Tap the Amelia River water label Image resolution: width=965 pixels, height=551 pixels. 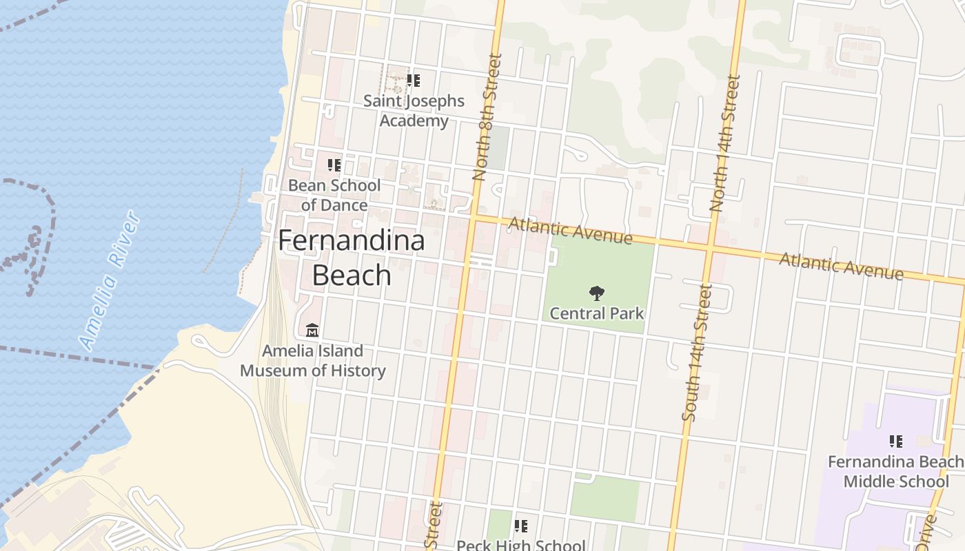click(110, 281)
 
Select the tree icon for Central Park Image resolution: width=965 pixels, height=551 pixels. click(597, 294)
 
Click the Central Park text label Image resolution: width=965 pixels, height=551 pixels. click(597, 313)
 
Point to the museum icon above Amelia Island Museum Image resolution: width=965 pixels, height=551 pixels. click(312, 331)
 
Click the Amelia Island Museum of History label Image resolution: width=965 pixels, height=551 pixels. click(313, 361)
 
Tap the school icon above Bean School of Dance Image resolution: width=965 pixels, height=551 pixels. click(334, 165)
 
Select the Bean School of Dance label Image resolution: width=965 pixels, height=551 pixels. click(334, 195)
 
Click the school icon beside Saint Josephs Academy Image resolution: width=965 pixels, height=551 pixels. click(414, 81)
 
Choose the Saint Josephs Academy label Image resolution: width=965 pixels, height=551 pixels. click(414, 111)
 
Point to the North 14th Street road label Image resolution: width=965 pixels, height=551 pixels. click(725, 143)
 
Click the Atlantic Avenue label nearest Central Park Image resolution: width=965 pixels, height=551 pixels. click(570, 231)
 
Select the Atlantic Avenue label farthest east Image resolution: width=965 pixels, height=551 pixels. click(841, 267)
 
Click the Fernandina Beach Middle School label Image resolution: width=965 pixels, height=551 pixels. click(895, 471)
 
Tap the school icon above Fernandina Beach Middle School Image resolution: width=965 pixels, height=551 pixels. click(896, 441)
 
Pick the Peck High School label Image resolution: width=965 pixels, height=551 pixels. click(521, 545)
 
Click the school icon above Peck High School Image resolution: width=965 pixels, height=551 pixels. click(521, 527)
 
